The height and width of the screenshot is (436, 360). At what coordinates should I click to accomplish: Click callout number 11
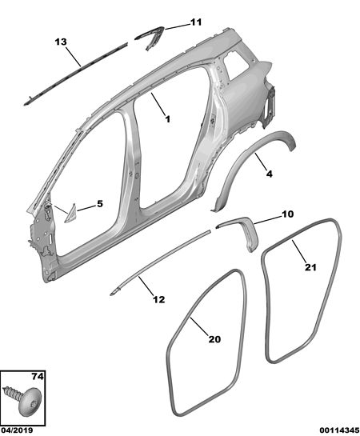196,22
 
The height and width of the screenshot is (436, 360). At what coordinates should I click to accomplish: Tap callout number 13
61,42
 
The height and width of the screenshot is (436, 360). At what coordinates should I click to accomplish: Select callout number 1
168,119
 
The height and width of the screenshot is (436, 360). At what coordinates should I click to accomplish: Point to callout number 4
269,174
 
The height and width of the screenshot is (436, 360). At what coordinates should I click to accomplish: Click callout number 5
100,204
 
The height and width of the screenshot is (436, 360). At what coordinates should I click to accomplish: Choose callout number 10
287,214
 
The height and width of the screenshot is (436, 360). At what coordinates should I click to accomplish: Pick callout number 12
159,299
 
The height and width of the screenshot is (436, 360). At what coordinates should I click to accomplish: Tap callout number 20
214,339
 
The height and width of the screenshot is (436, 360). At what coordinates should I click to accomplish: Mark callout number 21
310,267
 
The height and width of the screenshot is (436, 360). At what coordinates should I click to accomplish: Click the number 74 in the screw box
38,377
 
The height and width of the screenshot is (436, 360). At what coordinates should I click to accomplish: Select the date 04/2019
17,430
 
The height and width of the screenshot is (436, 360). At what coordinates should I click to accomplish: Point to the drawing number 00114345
339,430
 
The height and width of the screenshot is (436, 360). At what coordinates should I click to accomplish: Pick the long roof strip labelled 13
75,74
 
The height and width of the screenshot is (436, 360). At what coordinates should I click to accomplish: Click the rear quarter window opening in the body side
236,66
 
